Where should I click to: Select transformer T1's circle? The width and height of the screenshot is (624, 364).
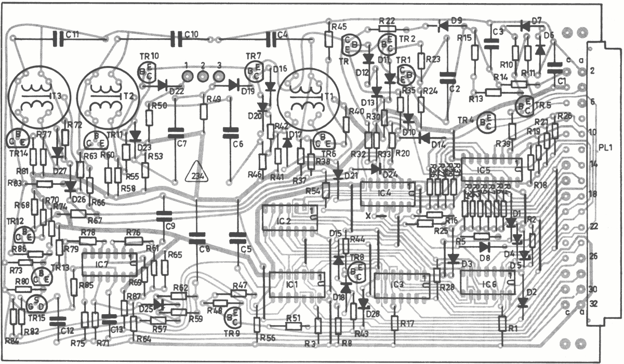click(308, 96)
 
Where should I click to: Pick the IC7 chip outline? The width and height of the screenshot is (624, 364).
click(110, 265)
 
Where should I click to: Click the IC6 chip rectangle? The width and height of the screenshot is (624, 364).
click(488, 282)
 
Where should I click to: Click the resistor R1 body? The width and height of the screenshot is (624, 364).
click(502, 323)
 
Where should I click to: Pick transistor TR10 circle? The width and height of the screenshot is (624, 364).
click(147, 73)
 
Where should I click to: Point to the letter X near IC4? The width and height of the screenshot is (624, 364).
click(368, 215)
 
